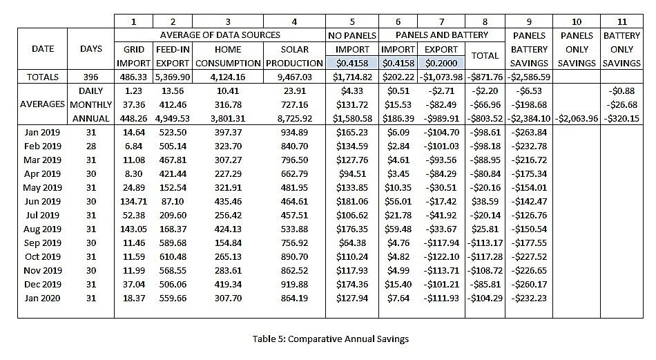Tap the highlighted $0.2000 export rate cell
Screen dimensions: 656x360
pos(441,63)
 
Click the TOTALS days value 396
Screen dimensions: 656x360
pos(91,77)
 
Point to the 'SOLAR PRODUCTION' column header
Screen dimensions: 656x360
pos(294,56)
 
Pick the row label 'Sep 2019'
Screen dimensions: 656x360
pos(42,243)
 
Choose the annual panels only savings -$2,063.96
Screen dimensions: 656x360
pos(576,118)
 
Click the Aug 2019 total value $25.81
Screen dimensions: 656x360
pos(485,229)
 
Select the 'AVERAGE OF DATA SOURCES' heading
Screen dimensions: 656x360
pos(219,35)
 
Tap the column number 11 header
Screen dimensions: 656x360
pos(621,21)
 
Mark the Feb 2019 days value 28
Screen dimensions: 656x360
pos(91,146)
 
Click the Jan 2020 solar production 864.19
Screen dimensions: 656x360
pos(294,298)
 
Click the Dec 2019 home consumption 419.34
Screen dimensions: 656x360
pos(228,284)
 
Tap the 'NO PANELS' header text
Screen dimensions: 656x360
pos(352,35)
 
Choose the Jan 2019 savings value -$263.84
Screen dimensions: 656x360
pos(528,132)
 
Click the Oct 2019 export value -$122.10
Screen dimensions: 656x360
pos(441,256)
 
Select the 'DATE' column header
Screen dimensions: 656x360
pos(42,49)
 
